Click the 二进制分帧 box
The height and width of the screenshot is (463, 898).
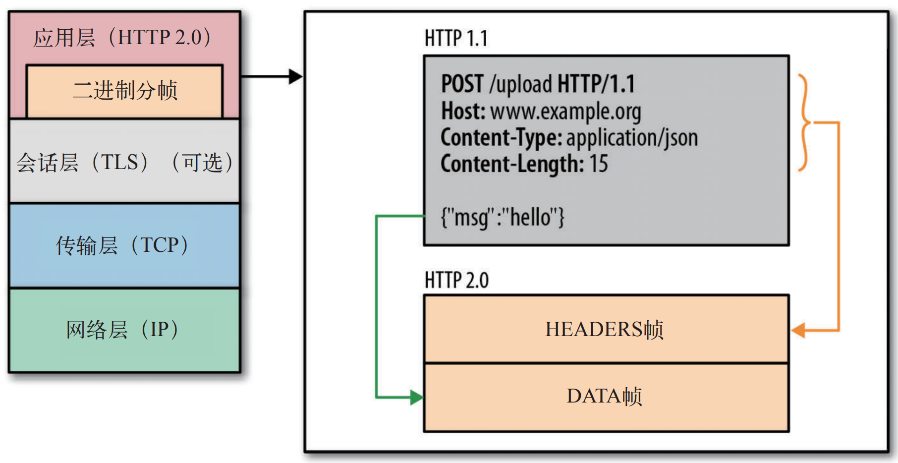point(124,91)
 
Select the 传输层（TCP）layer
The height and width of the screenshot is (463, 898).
point(124,245)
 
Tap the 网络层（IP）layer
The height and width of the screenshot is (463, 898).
point(124,330)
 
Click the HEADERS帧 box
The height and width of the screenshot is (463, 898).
point(606,329)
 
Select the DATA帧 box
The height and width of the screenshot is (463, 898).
point(606,397)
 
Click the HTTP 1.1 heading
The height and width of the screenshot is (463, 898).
point(456,38)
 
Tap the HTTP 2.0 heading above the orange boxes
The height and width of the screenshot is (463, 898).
point(456,281)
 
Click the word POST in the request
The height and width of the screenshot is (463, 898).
point(462,84)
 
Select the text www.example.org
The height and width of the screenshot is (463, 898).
point(565,112)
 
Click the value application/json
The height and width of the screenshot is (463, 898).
point(632,138)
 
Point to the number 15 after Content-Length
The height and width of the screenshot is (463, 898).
point(598,164)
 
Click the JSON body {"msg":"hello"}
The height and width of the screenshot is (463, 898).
point(502,217)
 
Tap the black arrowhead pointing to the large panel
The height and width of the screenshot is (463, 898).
point(295,76)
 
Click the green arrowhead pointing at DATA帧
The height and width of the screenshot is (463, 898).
point(416,397)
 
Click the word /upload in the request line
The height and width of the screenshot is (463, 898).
point(520,84)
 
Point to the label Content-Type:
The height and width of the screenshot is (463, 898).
point(501,138)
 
